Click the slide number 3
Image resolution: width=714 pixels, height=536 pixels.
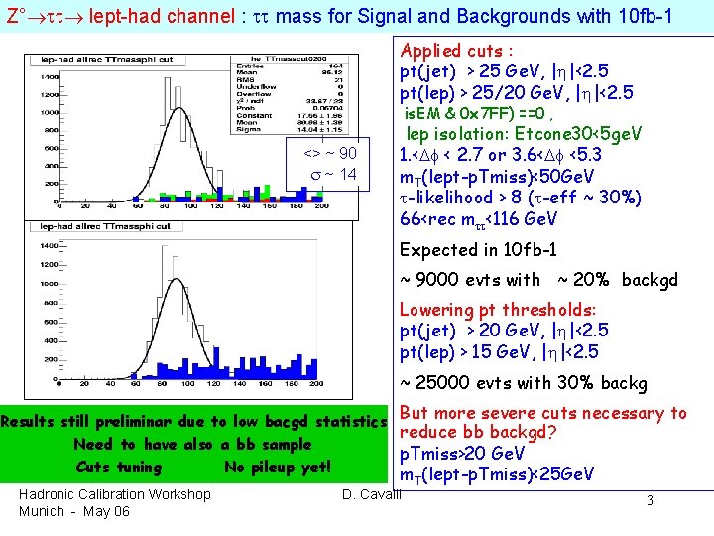650,501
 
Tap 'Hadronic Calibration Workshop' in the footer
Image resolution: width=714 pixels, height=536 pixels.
114,494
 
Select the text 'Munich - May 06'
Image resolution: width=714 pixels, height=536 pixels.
74,511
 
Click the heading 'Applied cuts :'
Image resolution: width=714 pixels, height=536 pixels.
456,50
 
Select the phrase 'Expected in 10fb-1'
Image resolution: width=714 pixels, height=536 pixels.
477,250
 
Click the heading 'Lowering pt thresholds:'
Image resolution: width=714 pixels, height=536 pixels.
497,310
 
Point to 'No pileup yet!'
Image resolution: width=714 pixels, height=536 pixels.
277,467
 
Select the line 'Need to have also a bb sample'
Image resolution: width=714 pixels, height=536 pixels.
192,445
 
